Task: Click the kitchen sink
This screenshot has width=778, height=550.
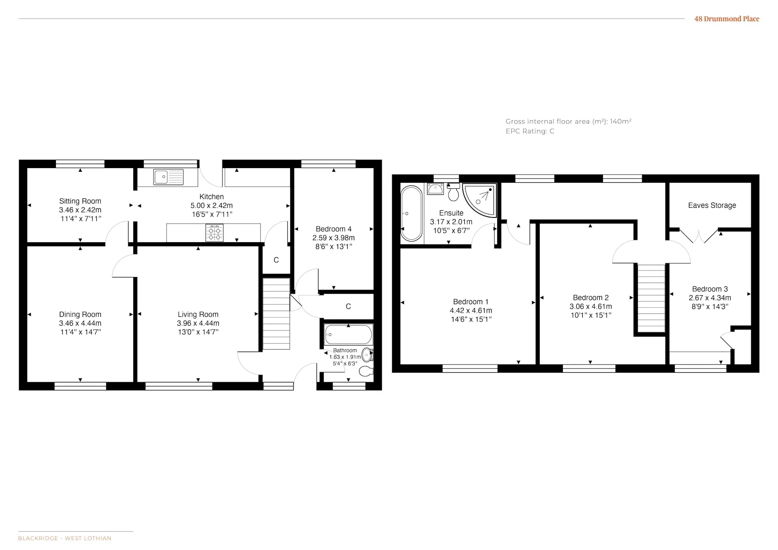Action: click(x=168, y=177)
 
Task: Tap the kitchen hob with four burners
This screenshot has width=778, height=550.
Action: click(x=214, y=233)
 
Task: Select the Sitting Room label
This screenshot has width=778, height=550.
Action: click(x=80, y=201)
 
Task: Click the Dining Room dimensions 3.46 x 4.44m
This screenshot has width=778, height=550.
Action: click(x=80, y=323)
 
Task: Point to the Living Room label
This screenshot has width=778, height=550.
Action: click(x=198, y=314)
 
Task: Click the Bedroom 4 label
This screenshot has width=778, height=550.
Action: click(x=333, y=229)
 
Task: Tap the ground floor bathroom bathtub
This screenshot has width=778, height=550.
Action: click(x=348, y=335)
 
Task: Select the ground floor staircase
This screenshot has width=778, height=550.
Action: click(x=276, y=313)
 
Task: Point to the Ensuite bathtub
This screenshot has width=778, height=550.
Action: click(x=411, y=213)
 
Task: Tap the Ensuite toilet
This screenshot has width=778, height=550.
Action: click(x=453, y=192)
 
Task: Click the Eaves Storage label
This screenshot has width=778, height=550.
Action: click(x=712, y=205)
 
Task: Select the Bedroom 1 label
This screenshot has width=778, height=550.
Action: click(x=471, y=302)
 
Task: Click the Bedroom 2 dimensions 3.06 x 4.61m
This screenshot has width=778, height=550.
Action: click(x=591, y=307)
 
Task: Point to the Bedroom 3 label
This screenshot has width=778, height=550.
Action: click(x=710, y=289)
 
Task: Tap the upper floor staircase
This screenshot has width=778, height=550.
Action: click(x=652, y=298)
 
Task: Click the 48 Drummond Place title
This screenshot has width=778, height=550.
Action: click(x=727, y=19)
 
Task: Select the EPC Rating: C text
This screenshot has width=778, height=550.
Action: click(x=530, y=131)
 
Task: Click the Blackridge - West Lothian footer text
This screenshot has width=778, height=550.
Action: click(x=65, y=538)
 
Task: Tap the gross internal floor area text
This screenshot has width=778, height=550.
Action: click(x=569, y=122)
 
